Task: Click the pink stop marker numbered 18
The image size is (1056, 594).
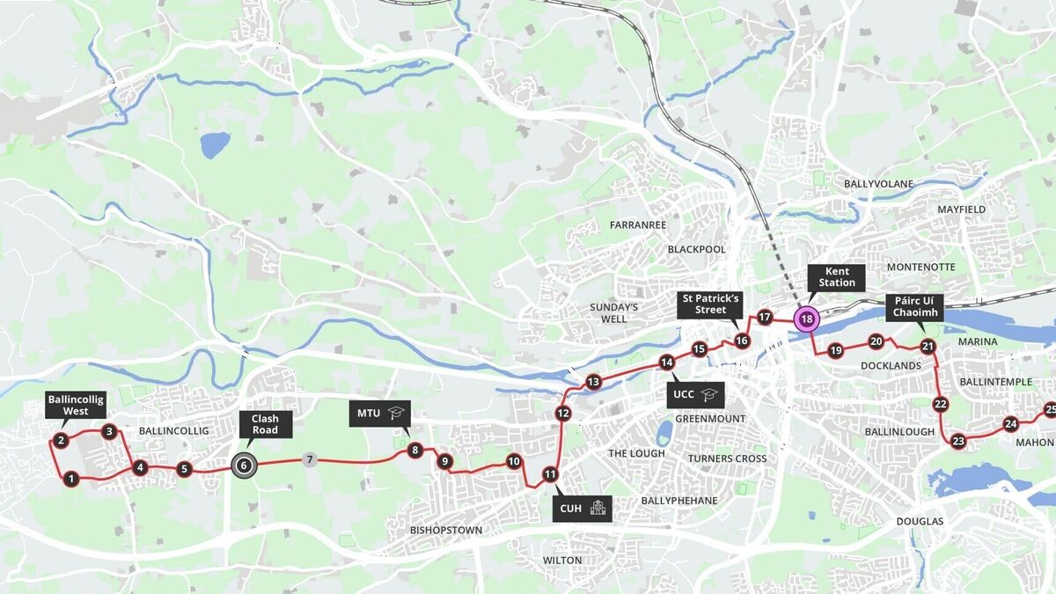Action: [x=806, y=319]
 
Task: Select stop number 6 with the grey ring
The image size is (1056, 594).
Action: [x=244, y=466]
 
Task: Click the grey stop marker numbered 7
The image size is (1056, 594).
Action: [x=308, y=459]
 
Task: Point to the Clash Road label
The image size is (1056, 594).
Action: [x=265, y=424]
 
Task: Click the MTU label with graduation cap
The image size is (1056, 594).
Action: [x=379, y=413]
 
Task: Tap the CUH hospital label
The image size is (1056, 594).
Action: [x=582, y=508]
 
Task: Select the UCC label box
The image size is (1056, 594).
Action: [x=694, y=394]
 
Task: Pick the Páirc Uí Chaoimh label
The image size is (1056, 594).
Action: [x=915, y=307]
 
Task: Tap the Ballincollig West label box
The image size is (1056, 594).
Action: [x=76, y=405]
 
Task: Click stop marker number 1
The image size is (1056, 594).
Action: [x=71, y=479]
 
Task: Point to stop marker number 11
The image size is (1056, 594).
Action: [x=550, y=475]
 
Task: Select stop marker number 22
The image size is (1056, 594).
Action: [x=940, y=404]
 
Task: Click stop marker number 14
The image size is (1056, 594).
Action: [x=667, y=362]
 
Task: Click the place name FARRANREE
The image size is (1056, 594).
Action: [x=637, y=225]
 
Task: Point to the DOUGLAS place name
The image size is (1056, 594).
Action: [x=920, y=521]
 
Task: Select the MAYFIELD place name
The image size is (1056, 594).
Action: [x=961, y=209]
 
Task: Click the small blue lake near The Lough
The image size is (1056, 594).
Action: [x=664, y=432]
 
